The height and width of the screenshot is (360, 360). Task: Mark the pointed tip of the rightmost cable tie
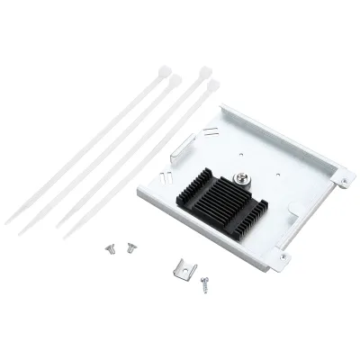click(x=64, y=238)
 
